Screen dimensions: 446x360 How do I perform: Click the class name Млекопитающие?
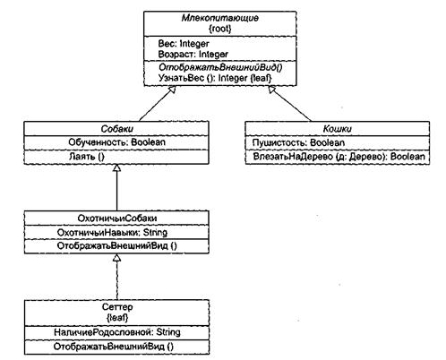pos(220,18)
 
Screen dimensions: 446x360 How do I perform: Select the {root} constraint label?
pos(220,29)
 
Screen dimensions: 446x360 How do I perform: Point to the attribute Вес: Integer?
pos(184,44)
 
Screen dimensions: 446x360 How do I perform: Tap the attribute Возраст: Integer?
pos(193,55)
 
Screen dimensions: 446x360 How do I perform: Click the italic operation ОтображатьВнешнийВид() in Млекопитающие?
pos(220,67)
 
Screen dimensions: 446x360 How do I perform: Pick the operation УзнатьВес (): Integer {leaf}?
pos(215,78)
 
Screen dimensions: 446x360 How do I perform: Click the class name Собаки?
pos(116,129)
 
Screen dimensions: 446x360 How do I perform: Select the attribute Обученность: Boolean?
pos(116,142)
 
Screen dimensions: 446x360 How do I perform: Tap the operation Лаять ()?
pos(87,156)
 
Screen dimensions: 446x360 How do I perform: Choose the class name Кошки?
pos(338,129)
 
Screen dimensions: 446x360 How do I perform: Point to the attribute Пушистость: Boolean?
pos(298,142)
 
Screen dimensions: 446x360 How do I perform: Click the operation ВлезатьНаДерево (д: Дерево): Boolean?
pos(339,157)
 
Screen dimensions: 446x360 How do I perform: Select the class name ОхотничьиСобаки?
pos(117,219)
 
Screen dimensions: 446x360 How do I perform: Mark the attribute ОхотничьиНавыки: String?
pos(112,232)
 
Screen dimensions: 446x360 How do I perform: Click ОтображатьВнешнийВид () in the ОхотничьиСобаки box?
pos(116,246)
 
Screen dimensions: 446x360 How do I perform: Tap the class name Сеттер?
pos(117,306)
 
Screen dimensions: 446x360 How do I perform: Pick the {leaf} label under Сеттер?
pos(117,317)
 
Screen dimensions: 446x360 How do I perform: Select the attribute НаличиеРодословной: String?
pos(117,332)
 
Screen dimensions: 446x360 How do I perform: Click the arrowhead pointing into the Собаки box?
pos(116,167)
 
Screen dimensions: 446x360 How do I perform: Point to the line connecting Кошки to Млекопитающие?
pos(290,104)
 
